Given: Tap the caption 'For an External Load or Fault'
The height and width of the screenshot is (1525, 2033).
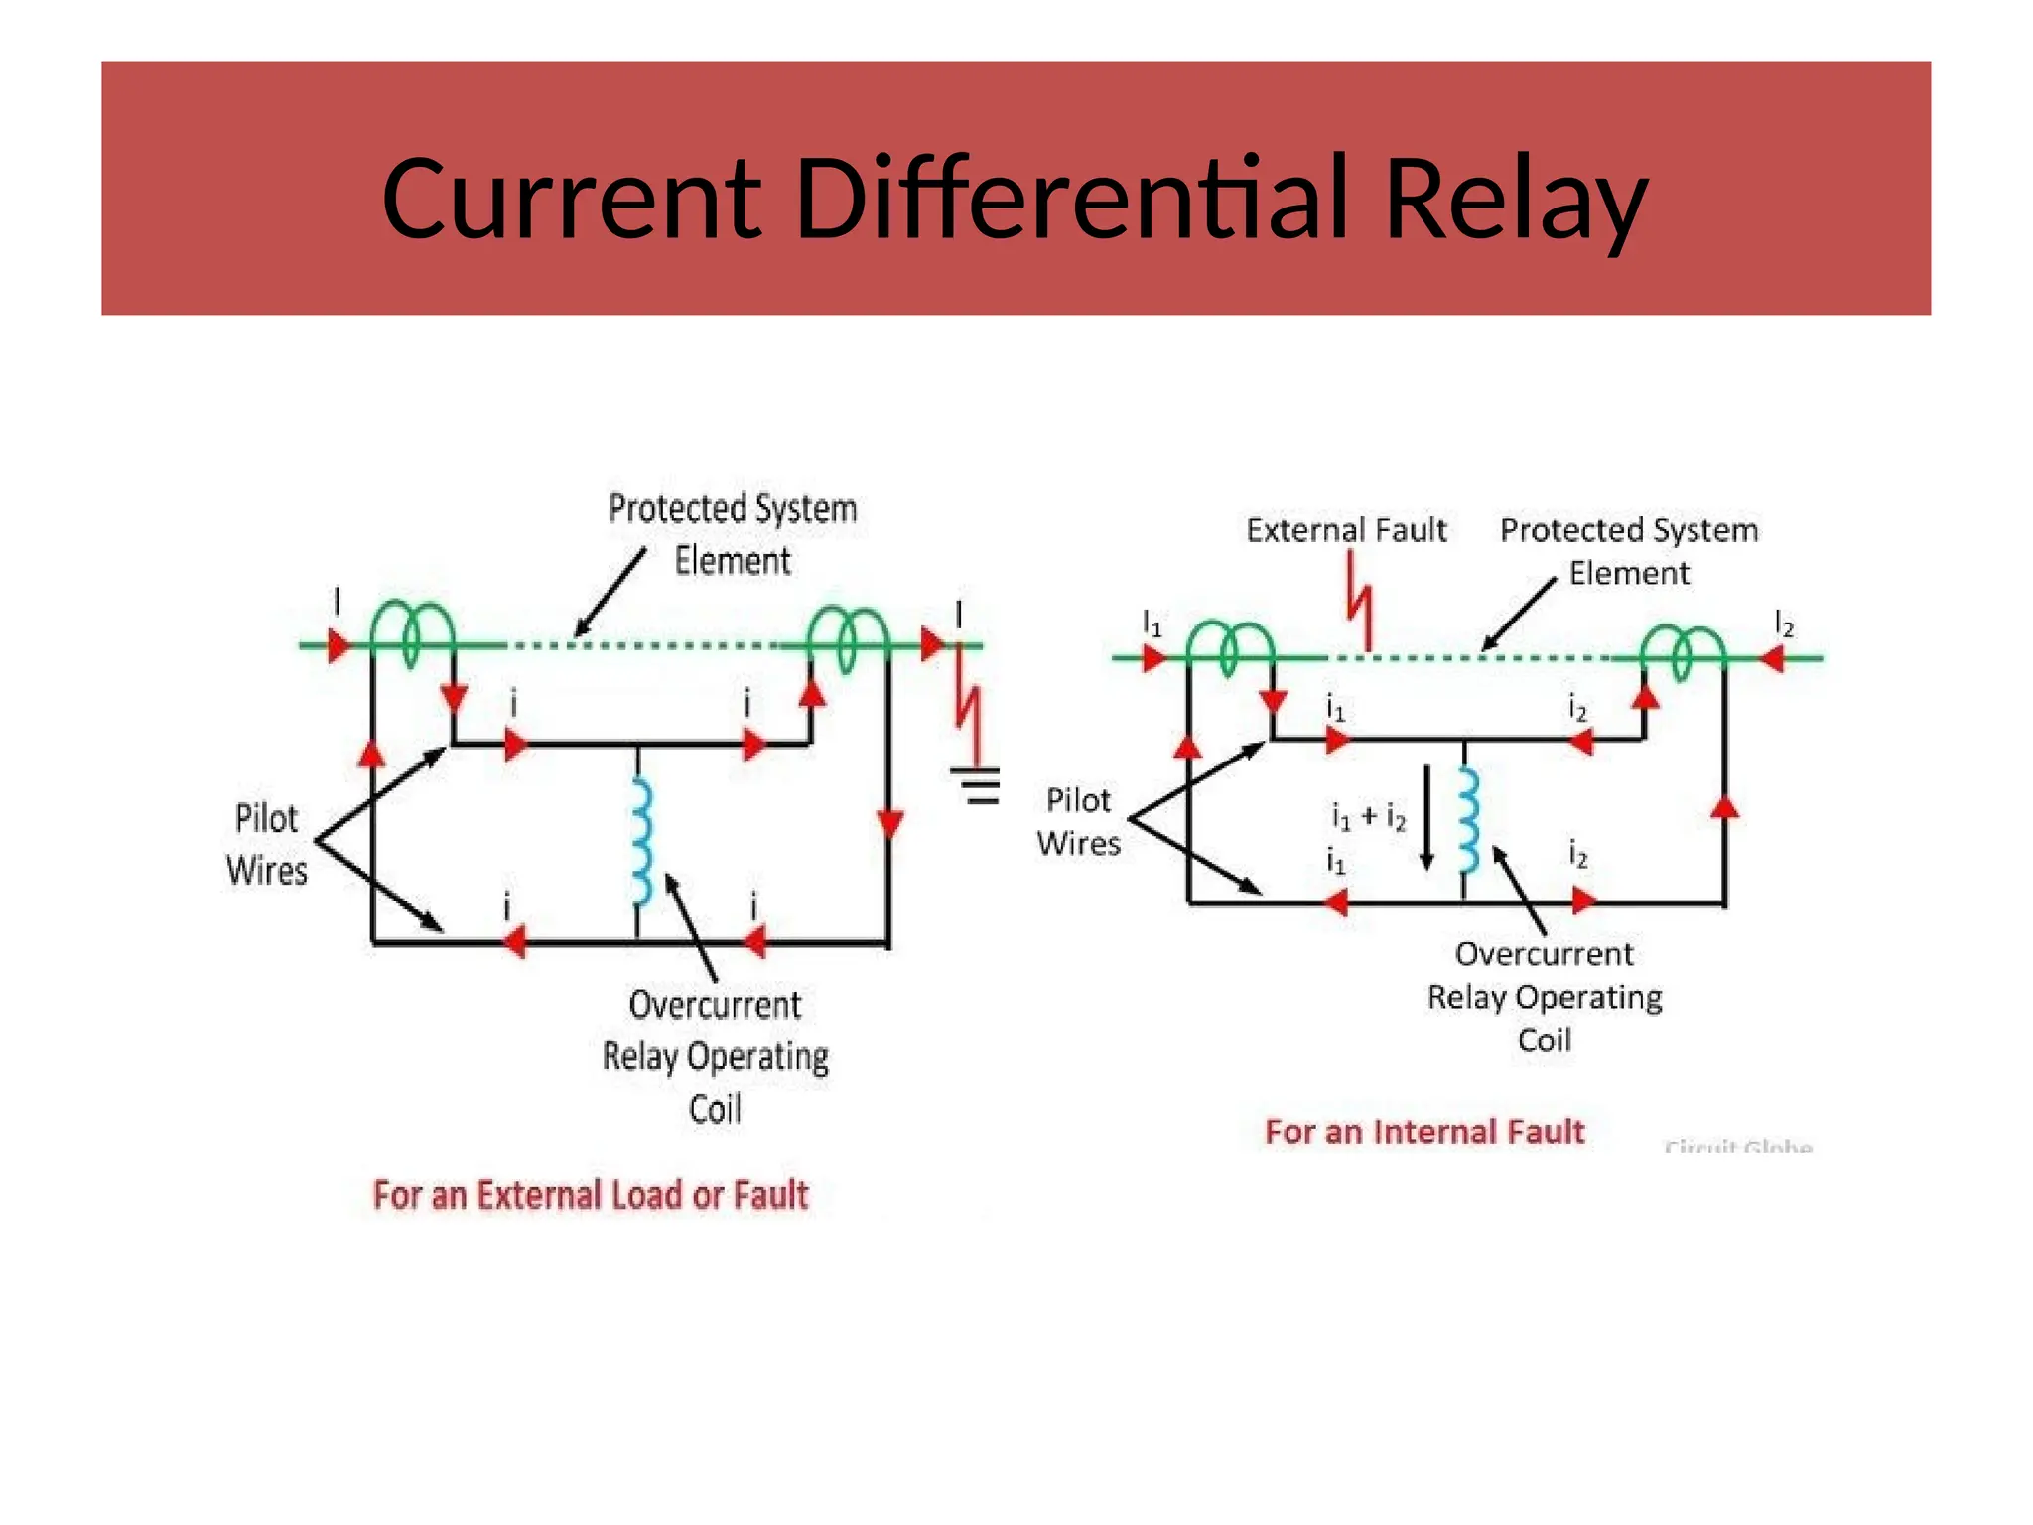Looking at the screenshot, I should pos(591,1195).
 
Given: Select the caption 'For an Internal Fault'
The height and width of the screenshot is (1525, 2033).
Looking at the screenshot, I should pos(1424,1132).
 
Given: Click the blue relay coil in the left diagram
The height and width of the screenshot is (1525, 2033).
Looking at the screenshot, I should pos(642,842).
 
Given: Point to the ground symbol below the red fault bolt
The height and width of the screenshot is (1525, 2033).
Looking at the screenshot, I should pos(981,785).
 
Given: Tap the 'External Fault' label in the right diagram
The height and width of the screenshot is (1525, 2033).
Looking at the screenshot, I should pos(1346,530).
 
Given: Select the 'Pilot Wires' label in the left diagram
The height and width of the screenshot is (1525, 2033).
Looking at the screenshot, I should pos(266,845).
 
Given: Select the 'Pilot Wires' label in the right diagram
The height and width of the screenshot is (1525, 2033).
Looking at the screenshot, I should pos(1078,822).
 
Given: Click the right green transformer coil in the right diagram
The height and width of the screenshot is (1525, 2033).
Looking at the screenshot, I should pos(1682,651).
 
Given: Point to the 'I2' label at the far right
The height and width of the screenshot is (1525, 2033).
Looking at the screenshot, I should pos(1784,625).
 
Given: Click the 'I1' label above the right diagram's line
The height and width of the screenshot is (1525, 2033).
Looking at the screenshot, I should pos(1152,624).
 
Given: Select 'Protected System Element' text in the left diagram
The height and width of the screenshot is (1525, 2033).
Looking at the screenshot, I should pos(733,534).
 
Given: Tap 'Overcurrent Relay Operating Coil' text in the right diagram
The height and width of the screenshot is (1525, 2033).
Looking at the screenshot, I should pos(1544,997).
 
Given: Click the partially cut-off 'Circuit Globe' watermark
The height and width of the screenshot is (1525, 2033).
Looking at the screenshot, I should pos(1737,1146).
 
